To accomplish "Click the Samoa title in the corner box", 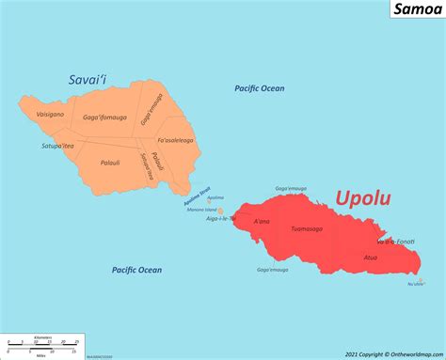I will click(415, 11).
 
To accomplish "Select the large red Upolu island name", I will click(363, 198).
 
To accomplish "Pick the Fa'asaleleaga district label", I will click(175, 140).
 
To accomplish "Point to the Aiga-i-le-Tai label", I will click(221, 218).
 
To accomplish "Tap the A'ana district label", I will click(262, 221).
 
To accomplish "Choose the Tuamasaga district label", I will click(307, 228).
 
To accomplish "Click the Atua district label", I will click(373, 256).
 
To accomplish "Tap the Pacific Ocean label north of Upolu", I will click(259, 88).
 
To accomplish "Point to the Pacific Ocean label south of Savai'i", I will click(136, 270).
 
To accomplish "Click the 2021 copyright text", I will click(393, 353).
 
